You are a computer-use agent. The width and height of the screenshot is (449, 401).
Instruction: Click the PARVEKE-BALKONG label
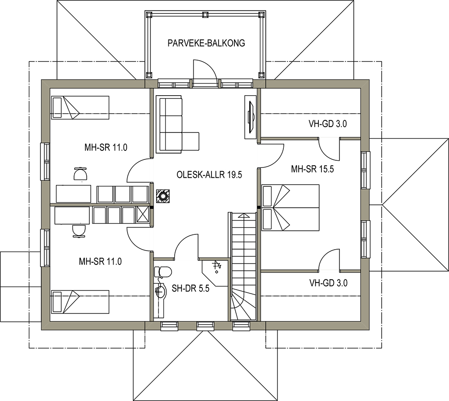tap(206, 43)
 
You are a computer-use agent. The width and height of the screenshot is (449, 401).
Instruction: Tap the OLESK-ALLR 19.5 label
tap(209, 174)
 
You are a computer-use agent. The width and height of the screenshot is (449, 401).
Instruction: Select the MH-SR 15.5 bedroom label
tap(313, 169)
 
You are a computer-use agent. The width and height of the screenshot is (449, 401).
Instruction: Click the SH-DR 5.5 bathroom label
tap(190, 288)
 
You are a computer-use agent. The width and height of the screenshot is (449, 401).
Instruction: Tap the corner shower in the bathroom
tap(215, 273)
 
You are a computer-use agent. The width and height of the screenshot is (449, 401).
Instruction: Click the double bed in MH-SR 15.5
tap(291, 207)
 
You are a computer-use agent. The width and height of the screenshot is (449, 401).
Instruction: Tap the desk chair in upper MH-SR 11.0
tap(80, 174)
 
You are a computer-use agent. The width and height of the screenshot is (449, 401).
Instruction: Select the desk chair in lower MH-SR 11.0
tap(79, 231)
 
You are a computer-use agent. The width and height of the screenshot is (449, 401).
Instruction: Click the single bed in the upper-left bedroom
tap(80, 108)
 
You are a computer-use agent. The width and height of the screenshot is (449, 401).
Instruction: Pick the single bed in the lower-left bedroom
tap(80, 302)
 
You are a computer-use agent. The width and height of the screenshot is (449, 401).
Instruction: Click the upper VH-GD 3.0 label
tap(328, 124)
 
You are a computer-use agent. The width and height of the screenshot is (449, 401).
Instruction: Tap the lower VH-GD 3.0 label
tap(329, 283)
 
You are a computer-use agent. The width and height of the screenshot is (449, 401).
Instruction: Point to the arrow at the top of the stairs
tap(243, 216)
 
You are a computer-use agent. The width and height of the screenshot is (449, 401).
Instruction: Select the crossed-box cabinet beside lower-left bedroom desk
tap(143, 215)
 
